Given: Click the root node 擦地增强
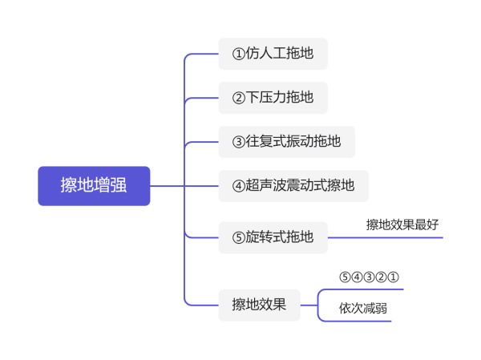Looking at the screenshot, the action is pyautogui.click(x=94, y=186).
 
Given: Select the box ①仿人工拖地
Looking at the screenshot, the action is pyautogui.click(x=273, y=54).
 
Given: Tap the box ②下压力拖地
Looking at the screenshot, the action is pyautogui.click(x=273, y=98).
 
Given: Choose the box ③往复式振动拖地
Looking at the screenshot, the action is pyautogui.click(x=287, y=142).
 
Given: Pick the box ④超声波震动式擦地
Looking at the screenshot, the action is pyautogui.click(x=293, y=186).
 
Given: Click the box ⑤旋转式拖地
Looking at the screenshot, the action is pyautogui.click(x=273, y=237).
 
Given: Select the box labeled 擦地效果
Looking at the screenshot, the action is pyautogui.click(x=260, y=305).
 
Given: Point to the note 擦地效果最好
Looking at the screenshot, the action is pyautogui.click(x=402, y=224).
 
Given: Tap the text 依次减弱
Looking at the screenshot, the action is pyautogui.click(x=363, y=308).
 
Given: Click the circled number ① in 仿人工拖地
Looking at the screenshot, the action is pyautogui.click(x=239, y=54).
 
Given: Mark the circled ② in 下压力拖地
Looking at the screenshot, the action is pyautogui.click(x=239, y=98).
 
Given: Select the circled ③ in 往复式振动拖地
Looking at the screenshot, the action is pyautogui.click(x=239, y=142).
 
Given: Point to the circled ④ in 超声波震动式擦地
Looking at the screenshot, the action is pyautogui.click(x=239, y=186).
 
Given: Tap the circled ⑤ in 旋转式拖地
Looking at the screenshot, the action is pyautogui.click(x=239, y=238).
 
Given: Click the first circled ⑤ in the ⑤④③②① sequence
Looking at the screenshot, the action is pyautogui.click(x=345, y=277).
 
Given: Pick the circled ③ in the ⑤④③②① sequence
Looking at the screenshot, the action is pyautogui.click(x=369, y=277).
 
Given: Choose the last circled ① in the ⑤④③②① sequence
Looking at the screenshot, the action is pyautogui.click(x=394, y=277).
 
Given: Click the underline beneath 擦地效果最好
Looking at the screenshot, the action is pyautogui.click(x=386, y=237).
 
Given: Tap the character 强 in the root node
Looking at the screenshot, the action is pyautogui.click(x=119, y=185).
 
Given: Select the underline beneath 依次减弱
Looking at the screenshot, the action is pyautogui.click(x=354, y=321).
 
